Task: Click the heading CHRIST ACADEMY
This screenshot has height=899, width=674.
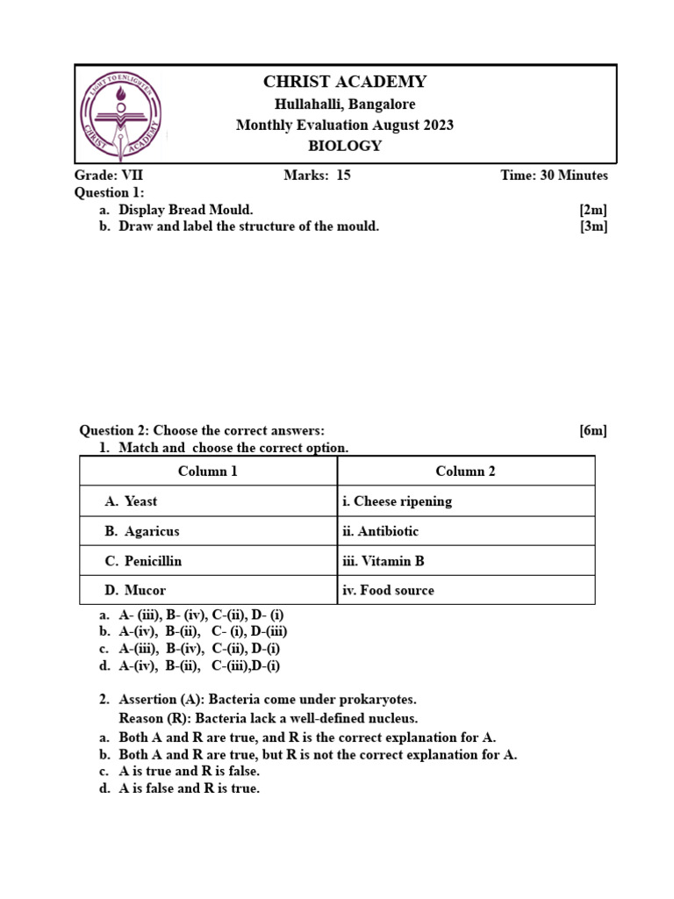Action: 345,83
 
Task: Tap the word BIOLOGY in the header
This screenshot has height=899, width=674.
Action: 345,146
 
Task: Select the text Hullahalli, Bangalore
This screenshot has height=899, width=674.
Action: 345,104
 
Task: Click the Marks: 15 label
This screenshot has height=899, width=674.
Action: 317,175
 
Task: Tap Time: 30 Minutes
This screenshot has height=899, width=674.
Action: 554,175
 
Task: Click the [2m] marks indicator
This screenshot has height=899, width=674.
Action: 592,210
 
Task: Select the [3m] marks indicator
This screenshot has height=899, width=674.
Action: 592,227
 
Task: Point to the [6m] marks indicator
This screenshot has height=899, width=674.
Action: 592,430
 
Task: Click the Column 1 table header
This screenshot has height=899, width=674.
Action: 208,471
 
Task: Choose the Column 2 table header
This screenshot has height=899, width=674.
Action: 465,471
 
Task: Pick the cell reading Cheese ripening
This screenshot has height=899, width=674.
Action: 398,501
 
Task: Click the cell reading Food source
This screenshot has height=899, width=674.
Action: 389,591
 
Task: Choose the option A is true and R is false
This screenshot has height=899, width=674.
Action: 189,771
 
